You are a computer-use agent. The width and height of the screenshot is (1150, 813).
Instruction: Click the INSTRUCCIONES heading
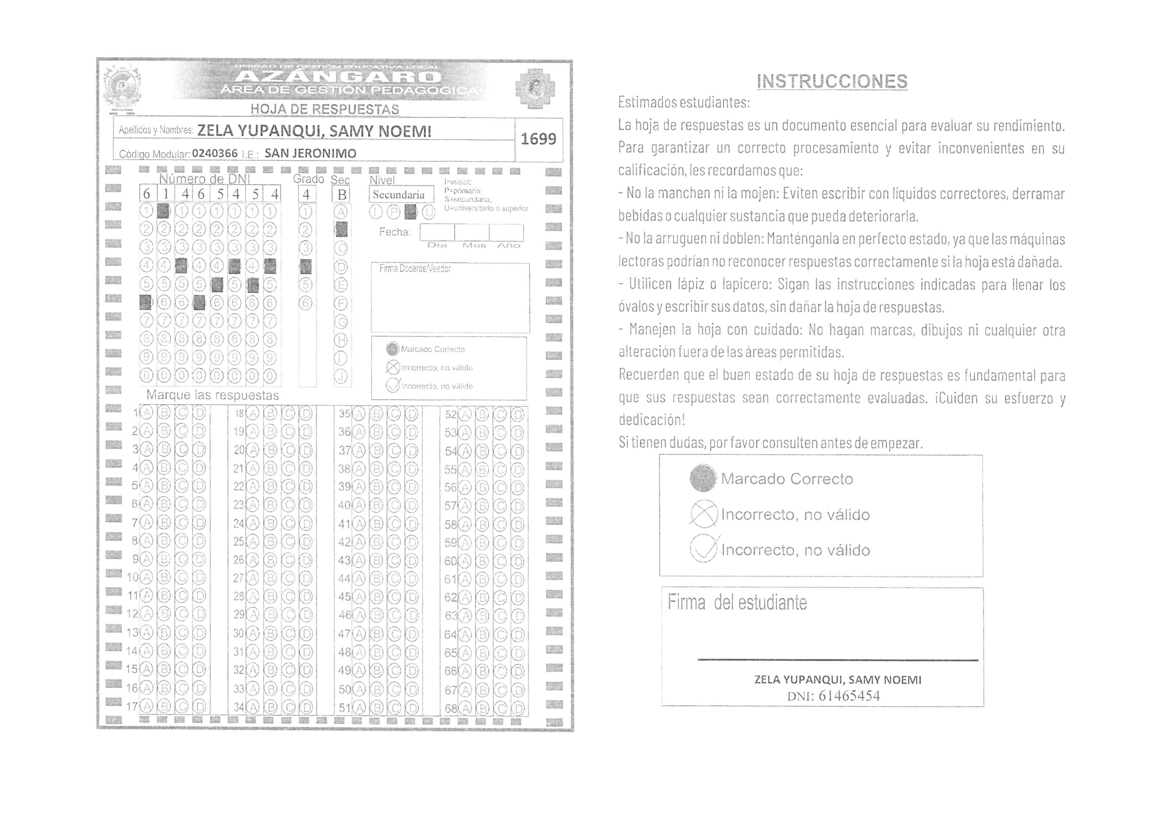(832, 81)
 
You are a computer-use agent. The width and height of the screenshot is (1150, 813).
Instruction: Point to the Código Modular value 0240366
(214, 153)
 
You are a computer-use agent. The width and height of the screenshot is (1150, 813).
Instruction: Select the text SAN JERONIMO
(310, 153)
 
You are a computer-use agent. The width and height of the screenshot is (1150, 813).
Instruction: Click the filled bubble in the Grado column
(306, 266)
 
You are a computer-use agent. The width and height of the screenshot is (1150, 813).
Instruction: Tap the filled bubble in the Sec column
(341, 230)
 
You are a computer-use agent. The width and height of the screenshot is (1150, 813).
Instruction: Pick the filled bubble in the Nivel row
(410, 212)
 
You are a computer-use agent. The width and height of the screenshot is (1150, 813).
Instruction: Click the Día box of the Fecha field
(437, 233)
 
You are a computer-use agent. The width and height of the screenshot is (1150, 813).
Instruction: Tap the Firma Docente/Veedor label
(415, 269)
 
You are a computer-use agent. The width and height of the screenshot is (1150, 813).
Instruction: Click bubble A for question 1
(146, 413)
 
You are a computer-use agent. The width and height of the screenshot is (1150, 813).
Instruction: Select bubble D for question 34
(306, 708)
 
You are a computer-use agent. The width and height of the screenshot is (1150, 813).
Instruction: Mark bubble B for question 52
(482, 414)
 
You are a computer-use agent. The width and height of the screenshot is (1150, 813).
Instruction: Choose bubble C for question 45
(395, 597)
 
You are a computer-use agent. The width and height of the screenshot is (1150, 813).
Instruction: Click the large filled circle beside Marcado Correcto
(703, 478)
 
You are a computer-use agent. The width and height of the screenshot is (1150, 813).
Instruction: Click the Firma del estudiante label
(737, 602)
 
